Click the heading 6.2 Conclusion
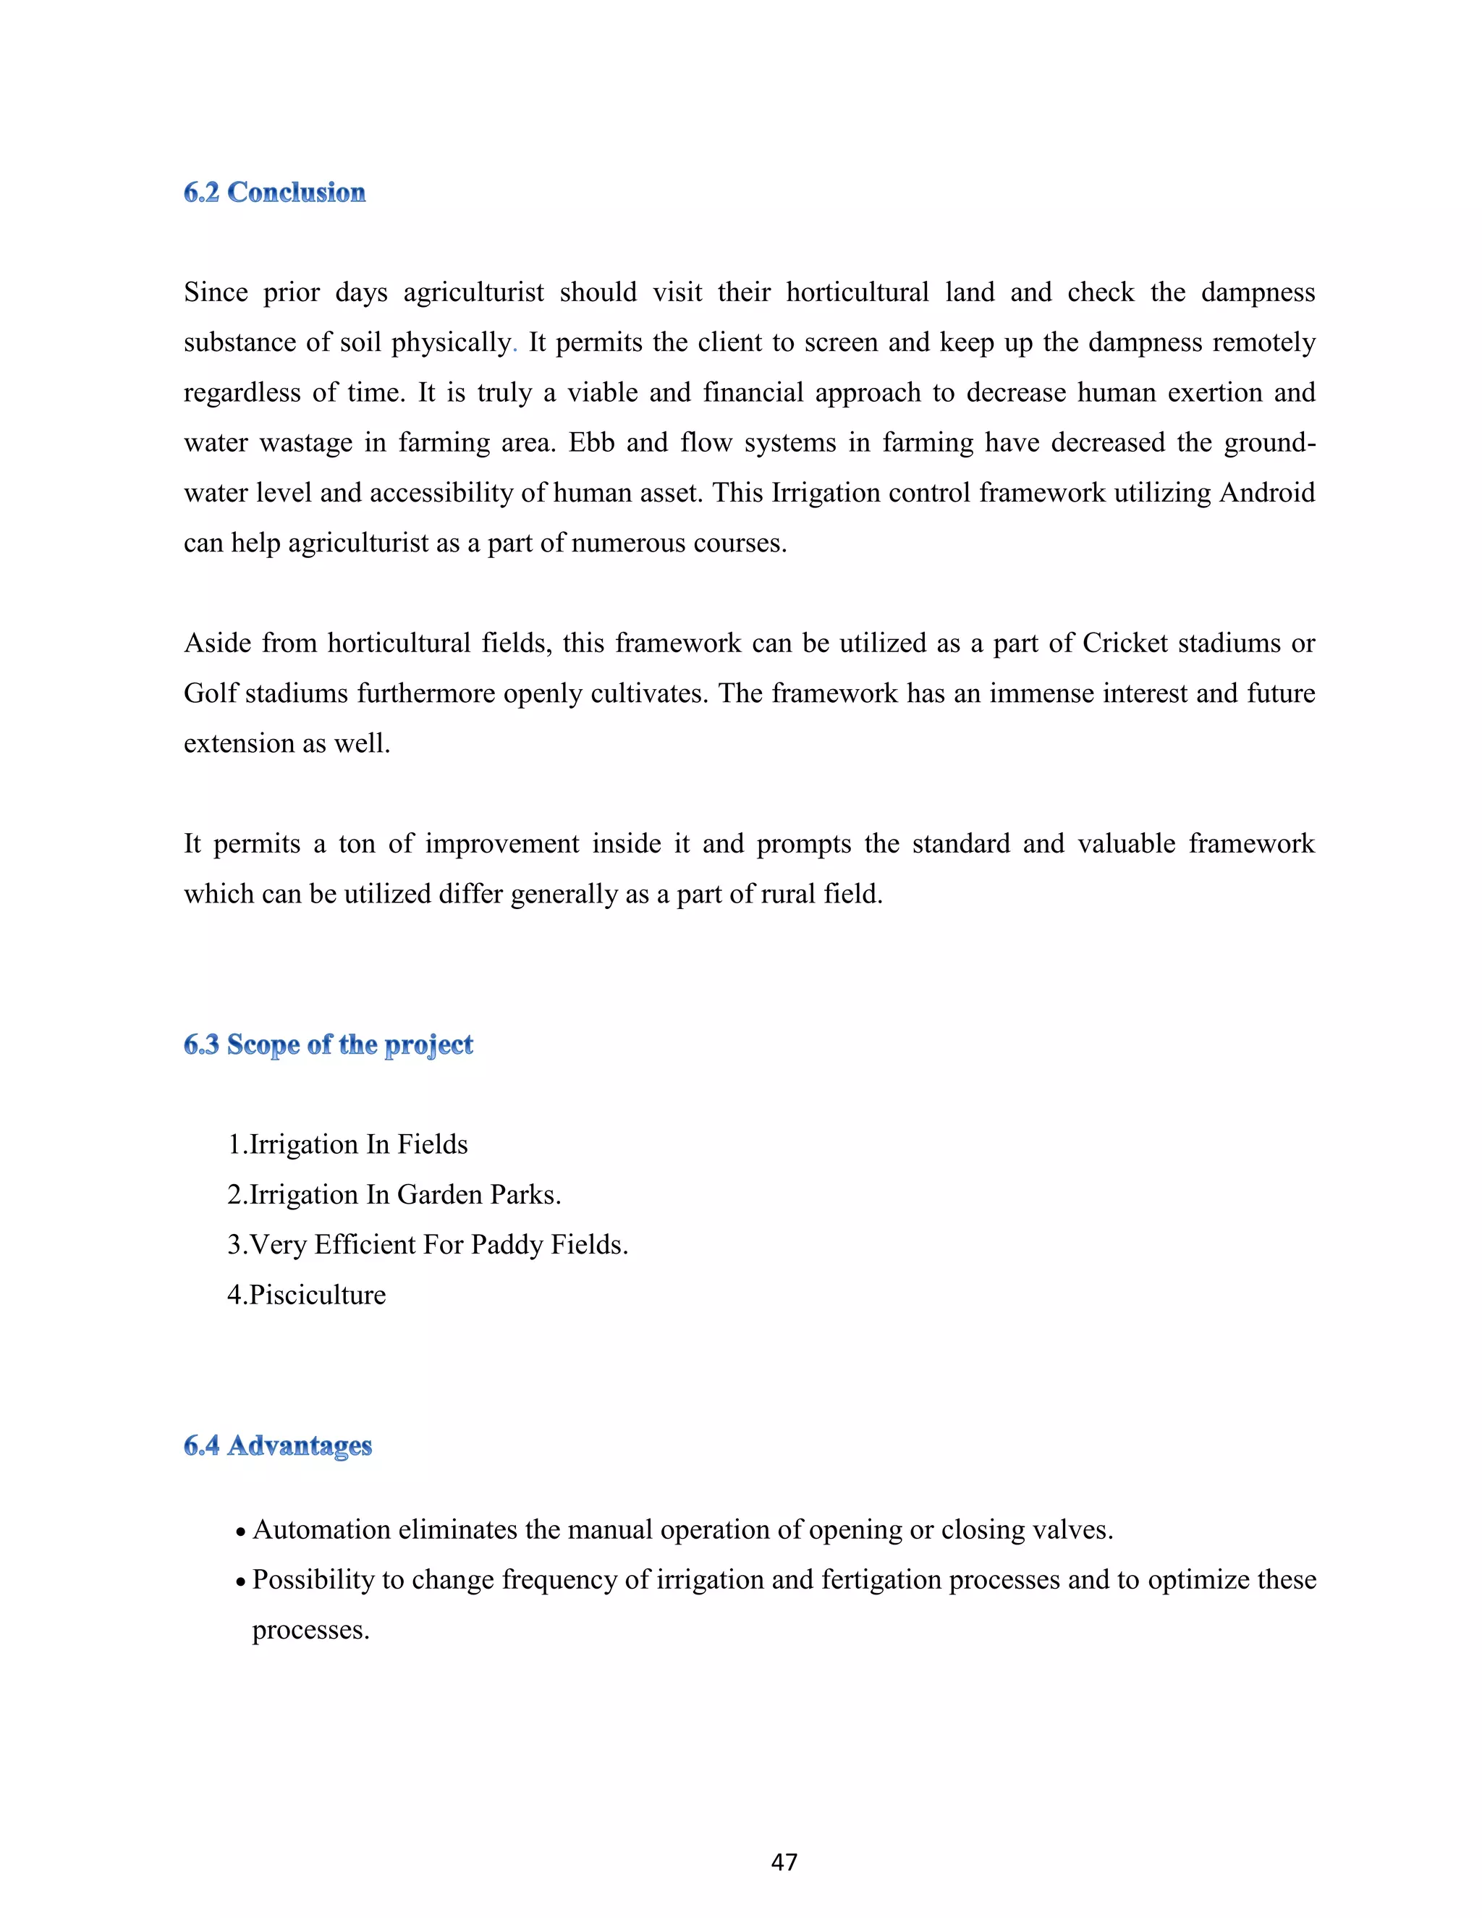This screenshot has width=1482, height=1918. click(x=274, y=193)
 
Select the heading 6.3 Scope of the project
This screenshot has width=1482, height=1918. click(x=329, y=1044)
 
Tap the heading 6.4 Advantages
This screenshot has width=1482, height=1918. click(x=277, y=1445)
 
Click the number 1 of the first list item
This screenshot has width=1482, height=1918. click(x=234, y=1144)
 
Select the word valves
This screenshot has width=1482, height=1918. click(x=1073, y=1530)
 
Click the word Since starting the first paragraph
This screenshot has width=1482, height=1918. click(x=216, y=292)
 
